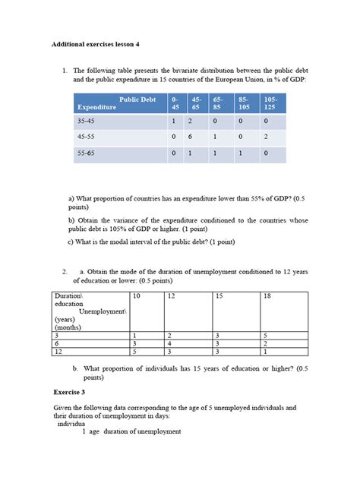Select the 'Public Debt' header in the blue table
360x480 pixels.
(x=137, y=99)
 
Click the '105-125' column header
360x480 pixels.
(x=270, y=103)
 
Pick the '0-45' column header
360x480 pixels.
(x=175, y=103)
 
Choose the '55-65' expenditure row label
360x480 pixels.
(x=86, y=153)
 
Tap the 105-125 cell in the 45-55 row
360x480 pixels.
(x=266, y=137)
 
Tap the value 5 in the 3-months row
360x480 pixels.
(x=264, y=335)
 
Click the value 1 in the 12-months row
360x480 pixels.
(x=264, y=352)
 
